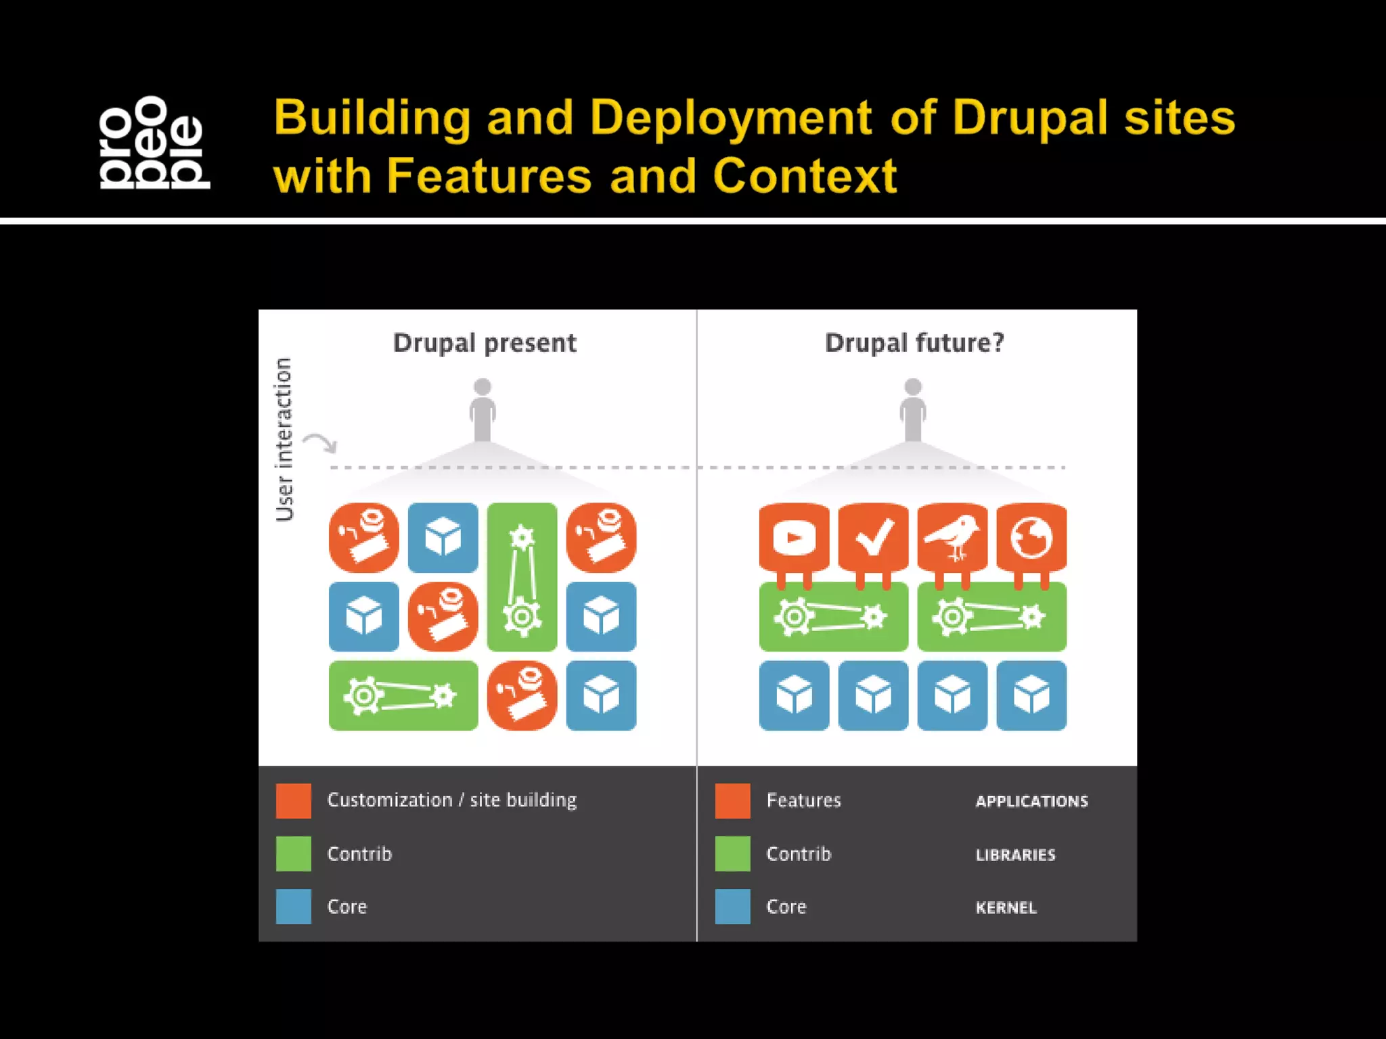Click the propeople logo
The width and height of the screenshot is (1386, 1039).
[x=154, y=142]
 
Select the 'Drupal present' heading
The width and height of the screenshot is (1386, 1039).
[x=485, y=343]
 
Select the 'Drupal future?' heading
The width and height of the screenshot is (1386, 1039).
[x=914, y=343]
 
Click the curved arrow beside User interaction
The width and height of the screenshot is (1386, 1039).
[x=319, y=444]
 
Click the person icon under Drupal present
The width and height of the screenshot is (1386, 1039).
[x=483, y=410]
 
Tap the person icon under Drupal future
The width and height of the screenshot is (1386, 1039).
[x=913, y=410]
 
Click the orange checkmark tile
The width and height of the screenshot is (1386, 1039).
[x=873, y=538]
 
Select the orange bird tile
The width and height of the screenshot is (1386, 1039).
[x=952, y=538]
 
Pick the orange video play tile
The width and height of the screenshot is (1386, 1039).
[x=794, y=538]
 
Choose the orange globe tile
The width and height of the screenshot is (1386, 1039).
[x=1031, y=538]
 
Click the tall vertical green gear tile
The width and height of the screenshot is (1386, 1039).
[x=522, y=576]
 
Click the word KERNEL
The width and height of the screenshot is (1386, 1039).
[x=1006, y=908]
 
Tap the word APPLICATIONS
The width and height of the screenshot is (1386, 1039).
[x=1031, y=802]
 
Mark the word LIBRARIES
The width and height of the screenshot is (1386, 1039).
[x=1015, y=855]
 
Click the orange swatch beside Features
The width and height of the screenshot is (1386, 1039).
[x=732, y=801]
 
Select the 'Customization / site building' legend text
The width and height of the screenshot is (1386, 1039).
[x=451, y=800]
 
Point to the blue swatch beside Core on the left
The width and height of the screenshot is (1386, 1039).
[x=294, y=906]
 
